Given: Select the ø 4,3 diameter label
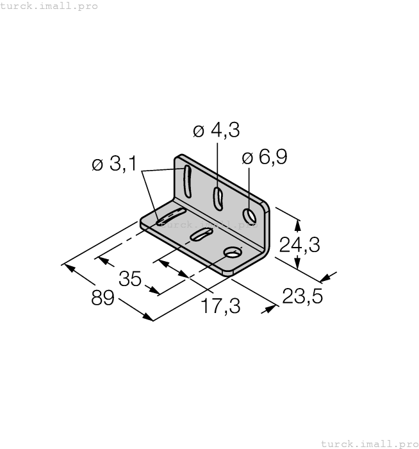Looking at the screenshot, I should coord(216,130).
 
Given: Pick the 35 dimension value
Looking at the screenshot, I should coord(130,279).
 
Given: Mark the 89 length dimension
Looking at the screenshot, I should coord(103,298).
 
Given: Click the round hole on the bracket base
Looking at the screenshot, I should coord(231,252).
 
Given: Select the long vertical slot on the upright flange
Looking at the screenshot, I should coord(186,182).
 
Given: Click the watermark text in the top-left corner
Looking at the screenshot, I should coord(49,6).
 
